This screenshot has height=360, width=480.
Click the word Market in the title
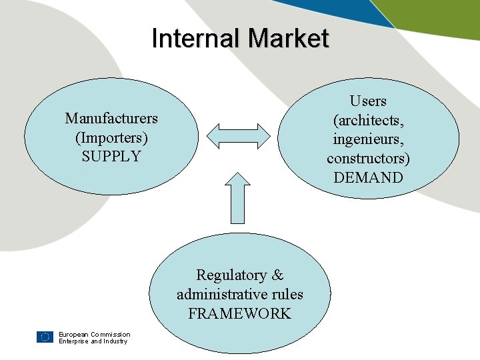(x=289, y=38)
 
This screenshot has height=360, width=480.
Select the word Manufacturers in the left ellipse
(x=111, y=119)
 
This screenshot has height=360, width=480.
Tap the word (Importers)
(x=111, y=137)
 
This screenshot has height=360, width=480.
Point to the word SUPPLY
(x=111, y=157)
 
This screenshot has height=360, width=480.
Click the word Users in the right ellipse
(x=368, y=101)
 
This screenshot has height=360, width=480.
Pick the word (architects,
(x=368, y=120)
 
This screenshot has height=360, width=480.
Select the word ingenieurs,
(x=368, y=139)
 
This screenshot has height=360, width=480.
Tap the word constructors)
(x=368, y=158)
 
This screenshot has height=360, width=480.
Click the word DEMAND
(x=368, y=177)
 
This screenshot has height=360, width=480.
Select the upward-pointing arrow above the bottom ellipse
(x=239, y=197)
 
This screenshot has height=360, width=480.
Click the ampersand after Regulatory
(x=277, y=275)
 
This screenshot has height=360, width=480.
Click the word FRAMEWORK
(x=239, y=313)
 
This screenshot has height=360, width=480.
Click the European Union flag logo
(x=45, y=337)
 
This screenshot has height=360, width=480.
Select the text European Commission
(x=94, y=335)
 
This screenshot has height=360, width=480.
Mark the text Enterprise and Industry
(x=93, y=341)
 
